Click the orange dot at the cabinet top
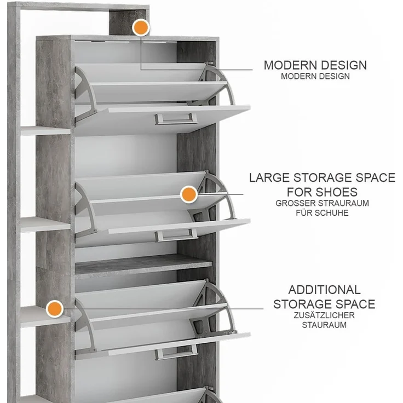pyautogui.click(x=141, y=27)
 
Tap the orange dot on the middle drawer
pyautogui.click(x=189, y=194)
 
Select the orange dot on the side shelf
pyautogui.click(x=55, y=309)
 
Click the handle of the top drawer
pyautogui.click(x=176, y=119)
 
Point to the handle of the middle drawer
pyautogui.click(x=176, y=235)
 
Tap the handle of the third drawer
pyautogui.click(x=176, y=352)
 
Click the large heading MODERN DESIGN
pyautogui.click(x=315, y=65)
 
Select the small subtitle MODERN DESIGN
pyautogui.click(x=315, y=76)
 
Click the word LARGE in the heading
pyautogui.click(x=269, y=177)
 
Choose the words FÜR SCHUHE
pyautogui.click(x=323, y=213)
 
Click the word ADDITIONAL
pyautogui.click(x=324, y=290)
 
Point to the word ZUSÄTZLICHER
pyautogui.click(x=324, y=315)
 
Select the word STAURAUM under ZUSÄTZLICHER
pyautogui.click(x=324, y=325)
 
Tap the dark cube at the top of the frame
pyautogui.click(x=128, y=22)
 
